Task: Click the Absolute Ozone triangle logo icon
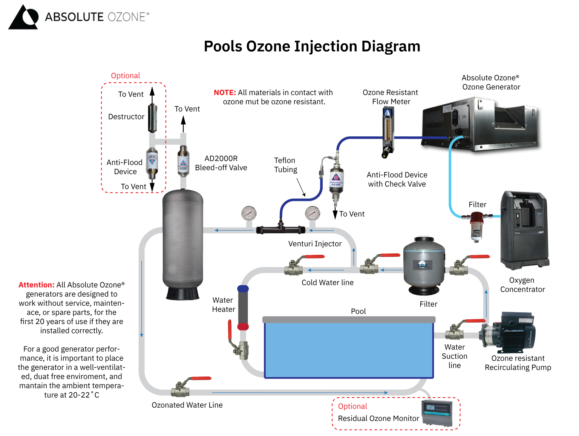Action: tap(23, 17)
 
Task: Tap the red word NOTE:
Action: tap(225, 93)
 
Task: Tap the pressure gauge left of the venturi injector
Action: tap(249, 214)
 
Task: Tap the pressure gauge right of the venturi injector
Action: tap(312, 214)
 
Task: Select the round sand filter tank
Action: tap(424, 266)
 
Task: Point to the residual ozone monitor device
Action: tap(437, 413)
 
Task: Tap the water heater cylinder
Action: tap(243, 307)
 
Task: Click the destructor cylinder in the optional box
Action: tap(152, 118)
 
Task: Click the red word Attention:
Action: tap(37, 285)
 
